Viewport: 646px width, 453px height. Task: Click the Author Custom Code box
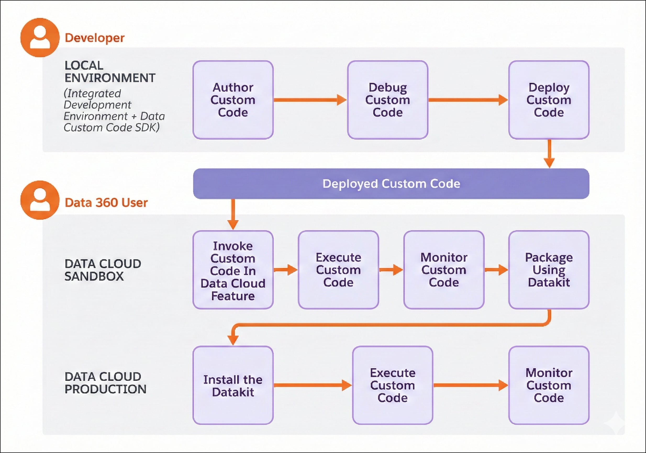coord(233,100)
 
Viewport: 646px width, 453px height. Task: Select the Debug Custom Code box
coord(387,100)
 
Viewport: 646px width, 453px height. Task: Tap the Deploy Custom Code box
coord(549,100)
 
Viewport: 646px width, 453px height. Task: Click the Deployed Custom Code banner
coord(391,184)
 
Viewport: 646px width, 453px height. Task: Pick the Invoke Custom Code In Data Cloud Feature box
coord(233,270)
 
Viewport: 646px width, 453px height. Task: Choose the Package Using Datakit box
coord(549,270)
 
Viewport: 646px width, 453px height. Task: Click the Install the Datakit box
coord(233,385)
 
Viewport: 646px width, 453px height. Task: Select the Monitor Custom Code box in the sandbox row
coord(444,270)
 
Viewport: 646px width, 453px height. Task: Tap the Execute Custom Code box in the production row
coord(393,385)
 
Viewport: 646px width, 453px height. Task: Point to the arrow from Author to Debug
coord(309,100)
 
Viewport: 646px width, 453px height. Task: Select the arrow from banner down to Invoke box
coord(233,214)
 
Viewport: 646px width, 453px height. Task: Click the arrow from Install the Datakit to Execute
coord(312,385)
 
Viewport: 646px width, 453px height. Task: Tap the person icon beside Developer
coord(40,37)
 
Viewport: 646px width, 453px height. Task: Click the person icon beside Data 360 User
coord(40,200)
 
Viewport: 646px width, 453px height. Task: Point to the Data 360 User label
coord(106,203)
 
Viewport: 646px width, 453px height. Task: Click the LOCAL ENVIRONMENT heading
coord(110,72)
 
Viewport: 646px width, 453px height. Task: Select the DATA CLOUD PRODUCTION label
coord(105,383)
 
